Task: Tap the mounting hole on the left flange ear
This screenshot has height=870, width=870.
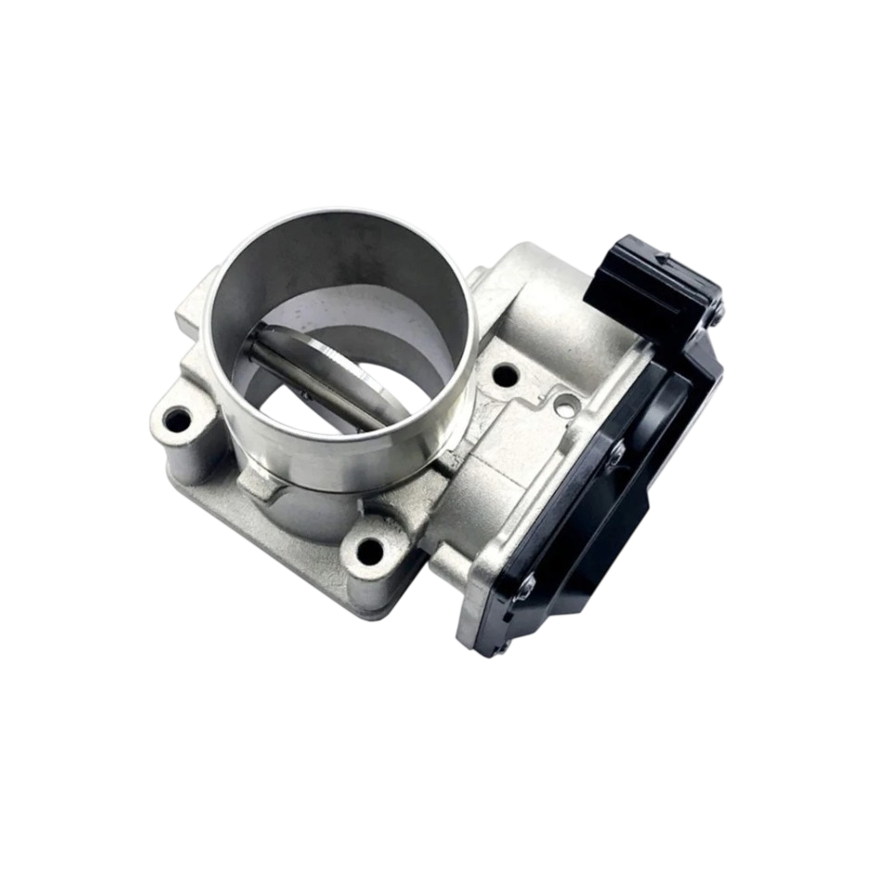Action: point(176,421)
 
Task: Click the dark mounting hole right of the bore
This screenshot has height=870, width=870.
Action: point(505,376)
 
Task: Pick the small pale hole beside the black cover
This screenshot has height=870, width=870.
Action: point(564,404)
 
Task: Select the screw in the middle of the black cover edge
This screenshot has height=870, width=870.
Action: point(616,452)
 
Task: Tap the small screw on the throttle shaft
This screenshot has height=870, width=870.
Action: point(304,392)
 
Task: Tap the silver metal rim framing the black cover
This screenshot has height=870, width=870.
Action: point(482,594)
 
